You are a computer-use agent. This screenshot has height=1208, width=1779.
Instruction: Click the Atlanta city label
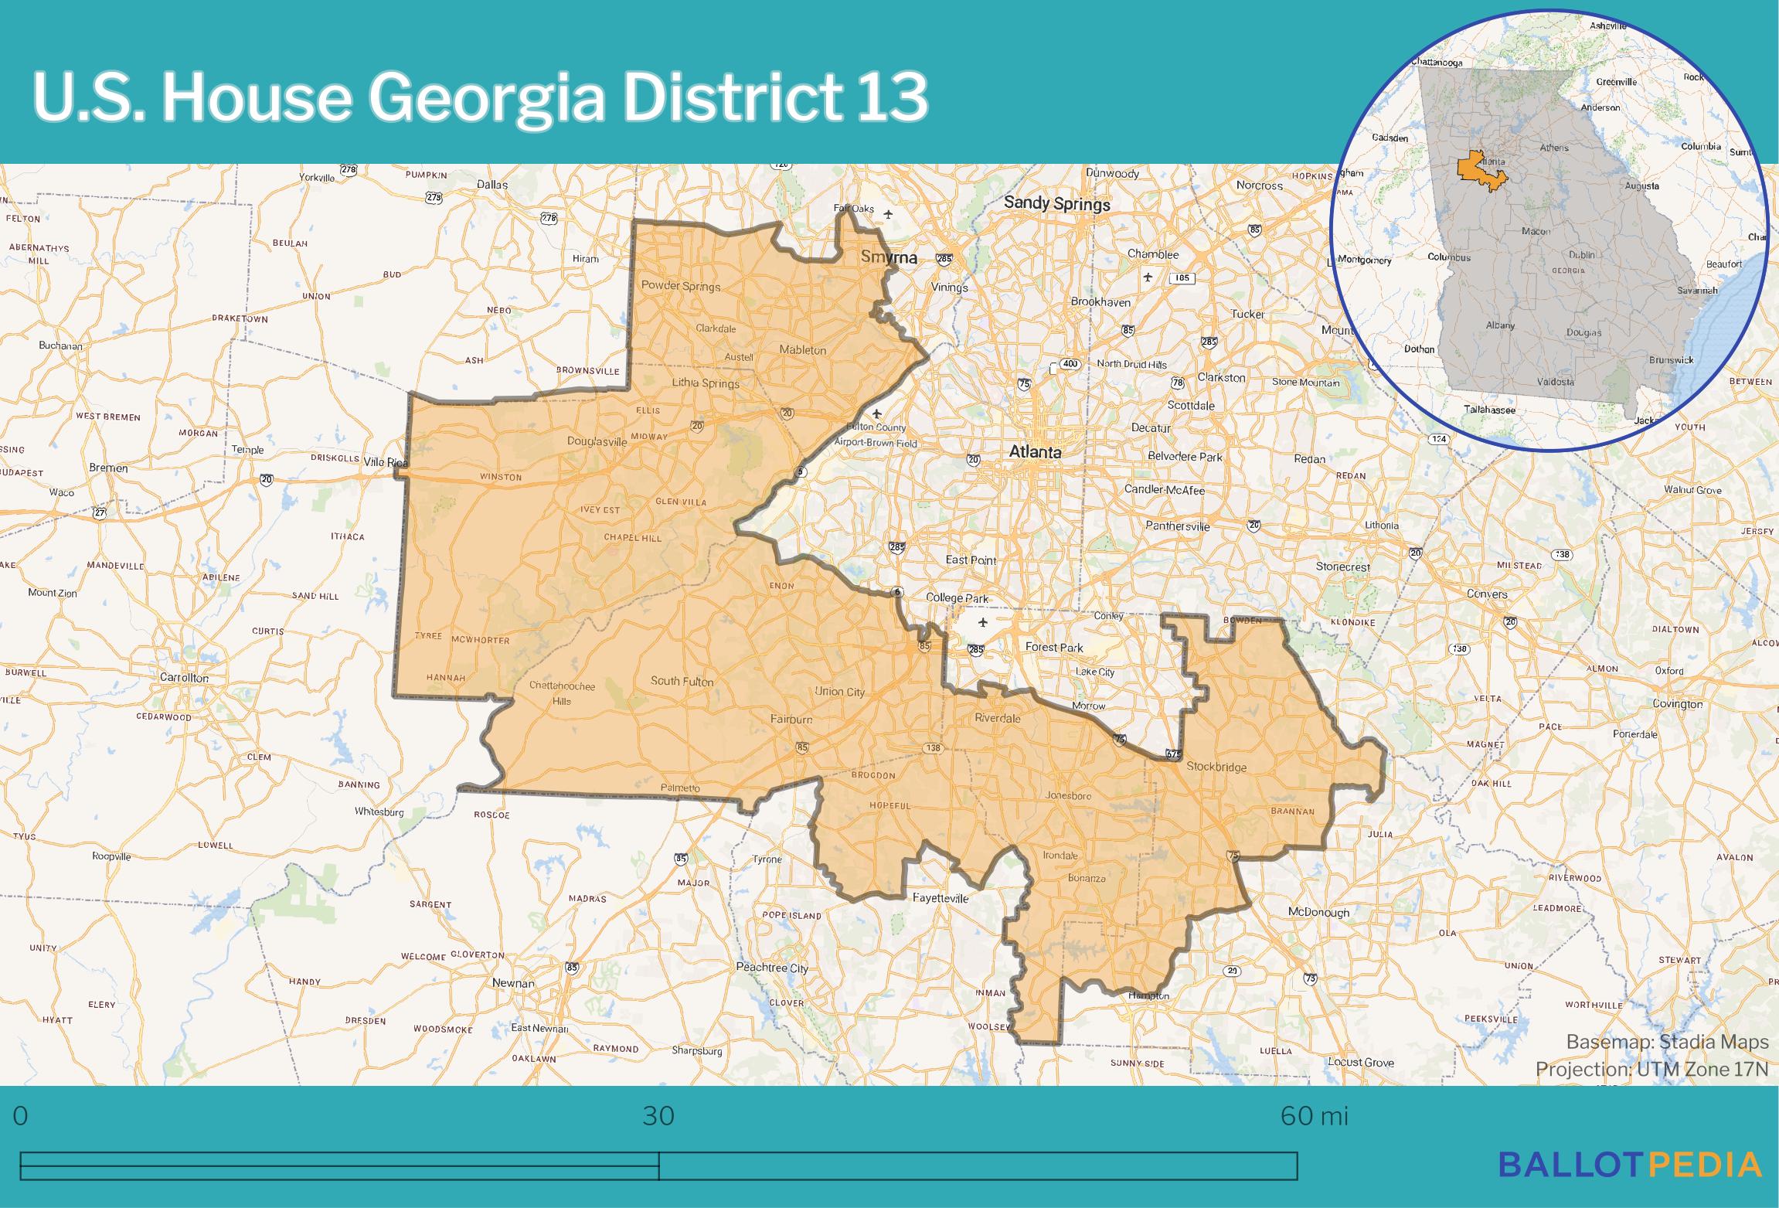(x=1035, y=452)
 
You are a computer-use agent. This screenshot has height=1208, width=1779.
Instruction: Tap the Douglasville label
(x=597, y=442)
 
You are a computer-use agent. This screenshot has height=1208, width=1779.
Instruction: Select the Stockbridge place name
(x=1216, y=767)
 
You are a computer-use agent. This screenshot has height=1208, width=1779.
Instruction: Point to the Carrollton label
(x=184, y=678)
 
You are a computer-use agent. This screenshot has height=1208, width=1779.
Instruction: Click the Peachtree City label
(x=772, y=968)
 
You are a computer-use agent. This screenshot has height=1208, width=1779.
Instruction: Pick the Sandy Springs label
(x=1056, y=204)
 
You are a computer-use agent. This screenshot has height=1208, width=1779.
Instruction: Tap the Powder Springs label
(x=681, y=286)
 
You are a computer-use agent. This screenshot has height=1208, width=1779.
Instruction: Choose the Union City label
(x=840, y=692)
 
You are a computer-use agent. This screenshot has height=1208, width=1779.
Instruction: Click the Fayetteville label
(x=941, y=898)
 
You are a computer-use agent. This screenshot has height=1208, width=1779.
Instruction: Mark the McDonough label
(x=1318, y=912)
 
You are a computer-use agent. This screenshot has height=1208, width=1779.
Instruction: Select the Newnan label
(x=513, y=983)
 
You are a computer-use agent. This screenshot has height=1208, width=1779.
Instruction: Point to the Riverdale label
(x=997, y=718)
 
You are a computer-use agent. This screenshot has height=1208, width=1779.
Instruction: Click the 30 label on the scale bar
(x=658, y=1116)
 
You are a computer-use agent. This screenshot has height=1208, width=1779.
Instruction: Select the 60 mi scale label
(x=1314, y=1116)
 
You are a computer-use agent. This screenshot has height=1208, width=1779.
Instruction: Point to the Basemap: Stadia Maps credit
(x=1667, y=1043)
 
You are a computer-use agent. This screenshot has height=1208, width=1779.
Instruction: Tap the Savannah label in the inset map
(x=1697, y=291)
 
